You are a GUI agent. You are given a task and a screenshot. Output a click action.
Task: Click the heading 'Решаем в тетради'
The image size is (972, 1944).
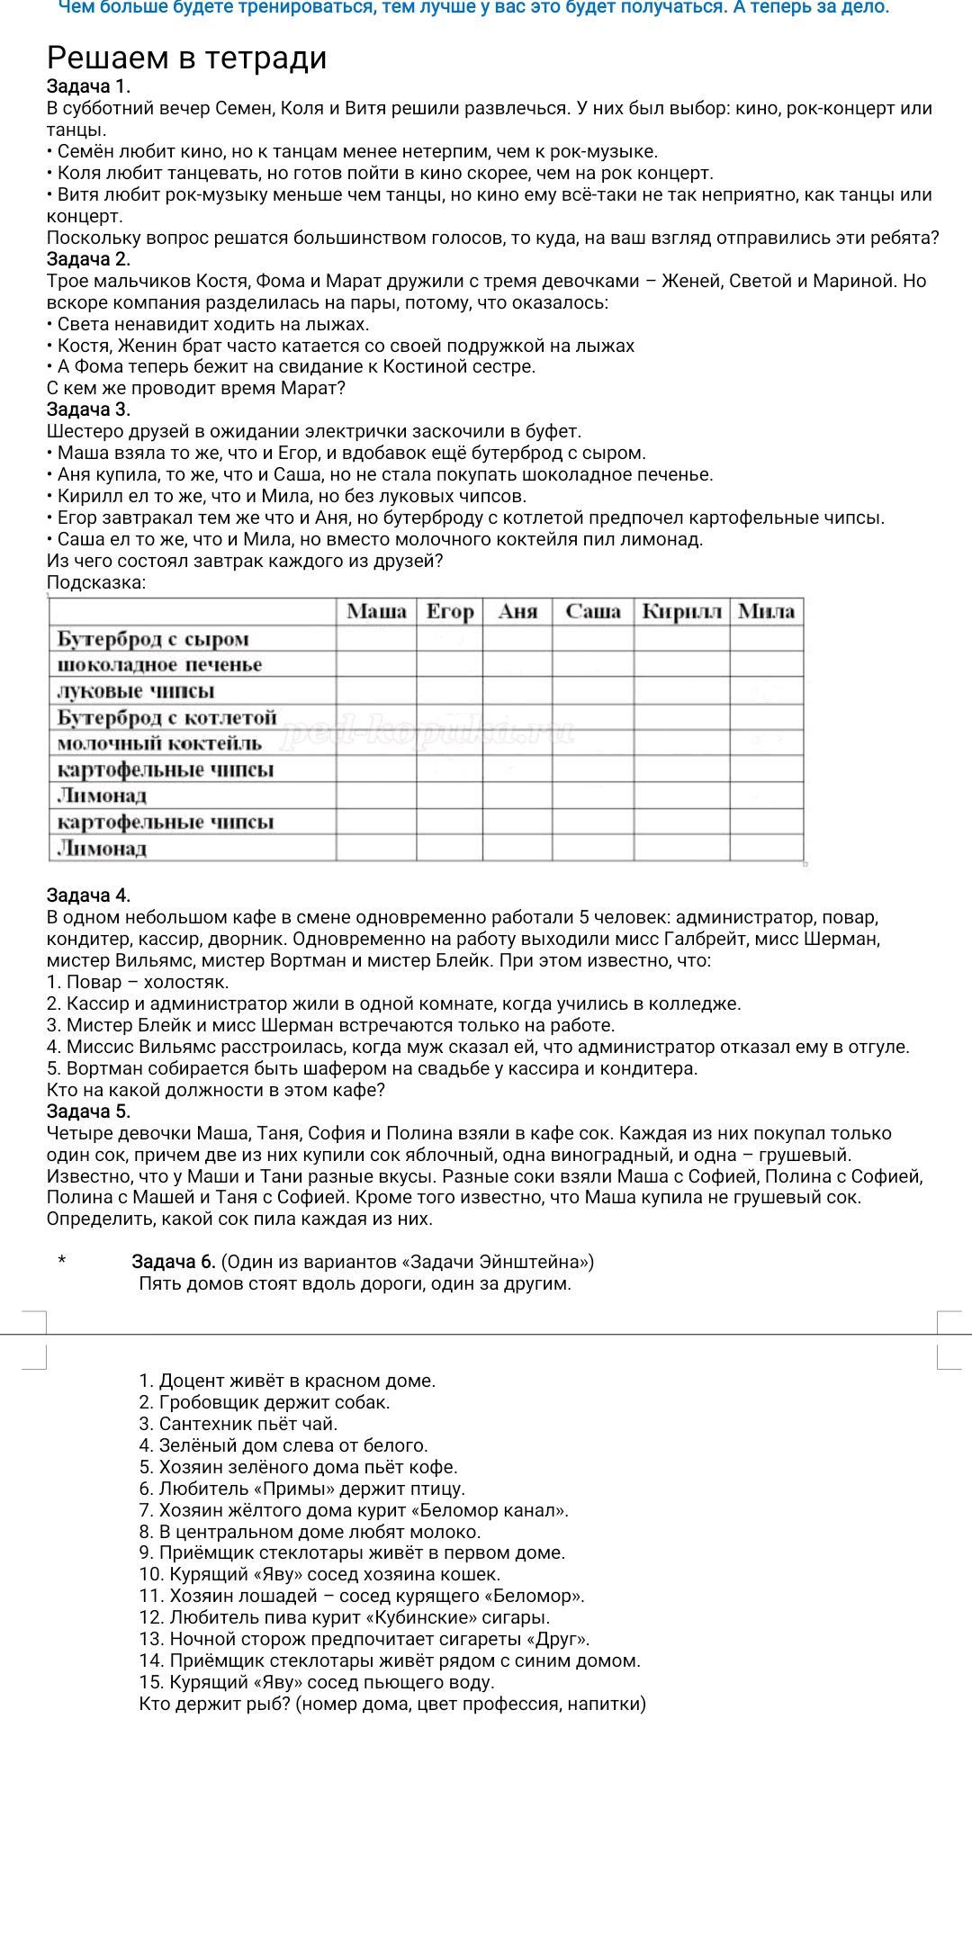(x=186, y=58)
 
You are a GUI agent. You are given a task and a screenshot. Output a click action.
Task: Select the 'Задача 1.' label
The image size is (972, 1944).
(x=88, y=86)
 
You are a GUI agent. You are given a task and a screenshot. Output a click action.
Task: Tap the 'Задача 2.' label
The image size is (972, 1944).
(x=88, y=259)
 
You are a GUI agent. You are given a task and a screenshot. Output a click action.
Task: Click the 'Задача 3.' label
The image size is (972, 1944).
(x=88, y=409)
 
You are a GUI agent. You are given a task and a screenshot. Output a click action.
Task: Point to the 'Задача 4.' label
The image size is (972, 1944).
(x=88, y=895)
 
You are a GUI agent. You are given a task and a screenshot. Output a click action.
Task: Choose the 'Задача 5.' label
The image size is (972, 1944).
(x=88, y=1111)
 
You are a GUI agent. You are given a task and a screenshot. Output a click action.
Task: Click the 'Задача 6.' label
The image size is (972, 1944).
(x=174, y=1261)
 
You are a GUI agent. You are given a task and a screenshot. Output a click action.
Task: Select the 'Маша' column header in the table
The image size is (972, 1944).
(x=376, y=612)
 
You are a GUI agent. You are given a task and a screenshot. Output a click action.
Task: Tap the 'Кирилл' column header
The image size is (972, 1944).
(x=681, y=612)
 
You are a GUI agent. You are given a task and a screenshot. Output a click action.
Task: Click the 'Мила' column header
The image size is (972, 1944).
(x=766, y=612)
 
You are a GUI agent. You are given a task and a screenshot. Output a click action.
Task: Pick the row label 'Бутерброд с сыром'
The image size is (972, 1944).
(x=153, y=639)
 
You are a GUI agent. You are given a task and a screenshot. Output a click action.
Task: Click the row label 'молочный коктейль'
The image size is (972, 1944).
(x=159, y=743)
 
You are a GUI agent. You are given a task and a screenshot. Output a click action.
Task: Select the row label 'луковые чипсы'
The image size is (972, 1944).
(x=135, y=691)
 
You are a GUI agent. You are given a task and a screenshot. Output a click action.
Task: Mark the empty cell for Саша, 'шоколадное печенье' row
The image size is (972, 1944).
(x=592, y=665)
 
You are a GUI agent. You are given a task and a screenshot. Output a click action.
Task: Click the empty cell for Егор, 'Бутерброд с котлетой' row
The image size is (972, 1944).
(x=449, y=717)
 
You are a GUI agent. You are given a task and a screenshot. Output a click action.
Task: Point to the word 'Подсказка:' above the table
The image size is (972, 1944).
(x=95, y=582)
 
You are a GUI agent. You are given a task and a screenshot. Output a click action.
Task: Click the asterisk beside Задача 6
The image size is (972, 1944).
(x=61, y=1262)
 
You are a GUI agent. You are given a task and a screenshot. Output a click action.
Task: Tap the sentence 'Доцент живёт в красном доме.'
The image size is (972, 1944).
(x=297, y=1381)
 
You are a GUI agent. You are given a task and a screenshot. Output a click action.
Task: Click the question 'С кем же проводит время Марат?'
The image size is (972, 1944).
(x=195, y=388)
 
